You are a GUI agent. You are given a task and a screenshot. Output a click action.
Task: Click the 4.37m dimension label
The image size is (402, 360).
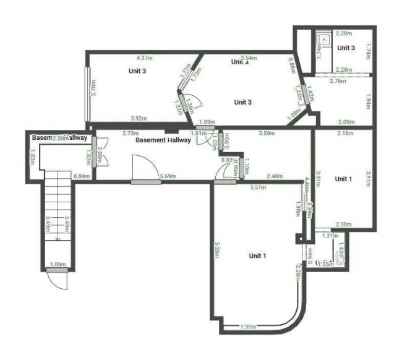tap(145, 59)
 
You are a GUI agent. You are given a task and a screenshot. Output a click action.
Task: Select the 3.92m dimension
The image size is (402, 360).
tap(139, 118)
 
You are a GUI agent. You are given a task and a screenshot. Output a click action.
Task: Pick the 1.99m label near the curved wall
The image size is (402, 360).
tap(249, 327)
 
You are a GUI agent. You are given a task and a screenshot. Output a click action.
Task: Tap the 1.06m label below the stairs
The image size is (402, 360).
tap(57, 265)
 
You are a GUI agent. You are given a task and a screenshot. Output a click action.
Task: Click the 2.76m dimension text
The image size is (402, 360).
tap(337, 81)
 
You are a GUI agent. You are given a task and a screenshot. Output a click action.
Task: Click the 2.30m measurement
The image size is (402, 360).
tap(343, 225)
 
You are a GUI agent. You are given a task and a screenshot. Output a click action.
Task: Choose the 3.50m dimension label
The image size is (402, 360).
tap(267, 133)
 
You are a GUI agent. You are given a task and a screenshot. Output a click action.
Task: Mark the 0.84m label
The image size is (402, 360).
tap(82, 176)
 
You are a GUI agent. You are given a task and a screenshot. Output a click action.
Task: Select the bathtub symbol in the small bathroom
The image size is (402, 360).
tap(339, 255)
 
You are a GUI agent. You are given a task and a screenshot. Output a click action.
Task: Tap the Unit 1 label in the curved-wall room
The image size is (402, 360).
tap(257, 255)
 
